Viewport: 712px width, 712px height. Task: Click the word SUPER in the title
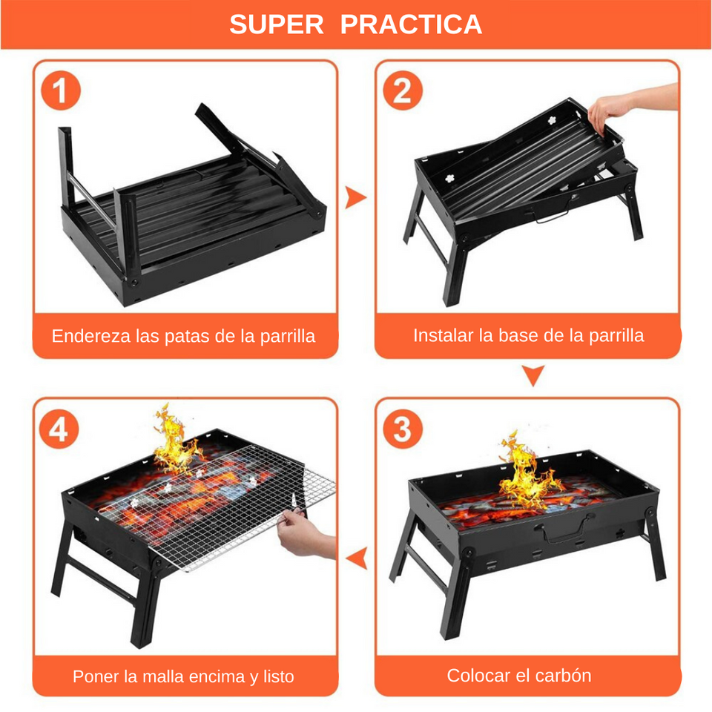(x=277, y=24)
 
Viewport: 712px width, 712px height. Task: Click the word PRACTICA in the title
(x=411, y=24)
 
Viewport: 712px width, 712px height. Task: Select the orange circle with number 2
(x=402, y=91)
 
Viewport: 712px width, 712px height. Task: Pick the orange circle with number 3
(x=402, y=429)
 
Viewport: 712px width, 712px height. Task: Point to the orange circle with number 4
(x=60, y=429)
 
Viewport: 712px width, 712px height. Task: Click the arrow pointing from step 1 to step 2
(x=356, y=197)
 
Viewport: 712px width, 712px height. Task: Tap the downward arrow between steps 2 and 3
(x=533, y=375)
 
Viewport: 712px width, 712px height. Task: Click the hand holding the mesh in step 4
(x=308, y=538)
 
